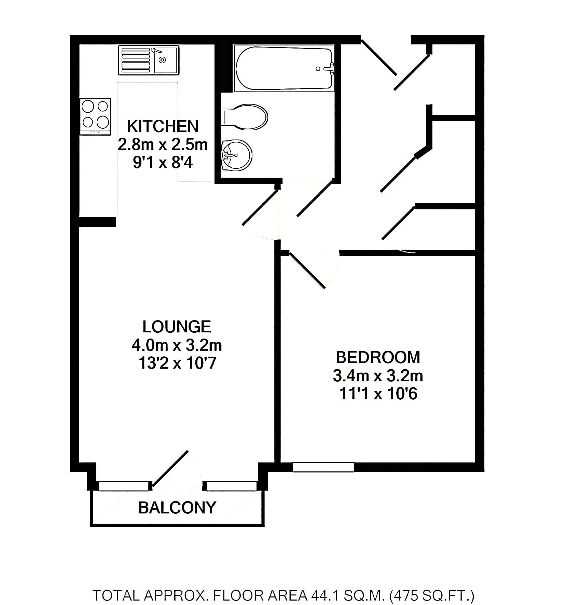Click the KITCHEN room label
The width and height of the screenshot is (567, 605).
coord(163,126)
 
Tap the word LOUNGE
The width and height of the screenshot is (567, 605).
coord(177,327)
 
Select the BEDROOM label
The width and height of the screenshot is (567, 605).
coord(378,357)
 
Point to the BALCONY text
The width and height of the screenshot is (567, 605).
coord(177,508)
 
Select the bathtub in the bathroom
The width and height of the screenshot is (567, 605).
coord(283,68)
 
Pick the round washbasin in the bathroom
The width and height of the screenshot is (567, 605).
coord(236,155)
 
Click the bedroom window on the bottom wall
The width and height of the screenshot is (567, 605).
coord(323,467)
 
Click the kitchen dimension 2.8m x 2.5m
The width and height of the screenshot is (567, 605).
coord(163,145)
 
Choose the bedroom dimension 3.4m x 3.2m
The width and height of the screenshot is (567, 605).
coord(378,376)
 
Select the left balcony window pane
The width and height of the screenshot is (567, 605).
coord(125,486)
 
